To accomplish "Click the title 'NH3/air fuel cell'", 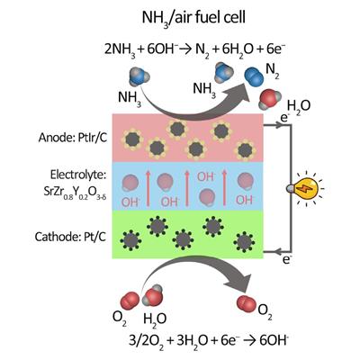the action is pos(193,18).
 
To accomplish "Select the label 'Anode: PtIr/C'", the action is pos(73,138).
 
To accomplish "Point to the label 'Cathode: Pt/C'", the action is pos(70,237).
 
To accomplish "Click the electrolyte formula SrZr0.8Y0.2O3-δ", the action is pos(76,192).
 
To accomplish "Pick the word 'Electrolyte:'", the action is pos(78,175).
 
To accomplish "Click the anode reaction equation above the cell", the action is pos(193,50).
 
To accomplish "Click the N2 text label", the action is pos(273,72).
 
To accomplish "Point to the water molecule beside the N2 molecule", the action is pos(269,99).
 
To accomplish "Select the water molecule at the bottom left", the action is pos(152,295).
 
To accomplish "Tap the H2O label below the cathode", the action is pos(155,319).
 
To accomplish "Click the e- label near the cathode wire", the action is pos(287,260).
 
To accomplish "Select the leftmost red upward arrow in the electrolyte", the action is pos(148,188).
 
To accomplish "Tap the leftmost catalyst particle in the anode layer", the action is pos(132,139).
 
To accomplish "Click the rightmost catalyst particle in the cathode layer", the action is pos(244,242).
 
